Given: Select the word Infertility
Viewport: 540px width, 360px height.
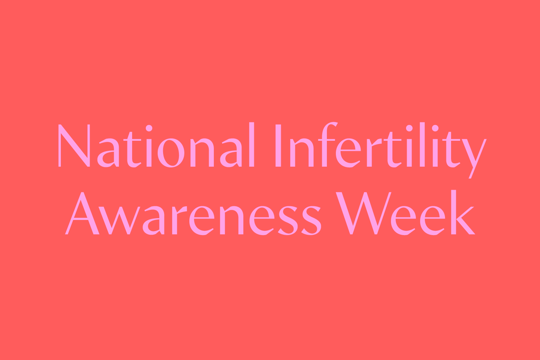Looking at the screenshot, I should tap(380, 146).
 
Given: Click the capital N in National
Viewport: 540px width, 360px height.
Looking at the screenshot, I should tap(74, 146).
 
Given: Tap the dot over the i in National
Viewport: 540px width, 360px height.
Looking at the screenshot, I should tap(149, 128).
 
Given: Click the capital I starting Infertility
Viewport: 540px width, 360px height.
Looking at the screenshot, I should tap(278, 146).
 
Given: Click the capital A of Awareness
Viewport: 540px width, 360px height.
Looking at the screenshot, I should tap(82, 214).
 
